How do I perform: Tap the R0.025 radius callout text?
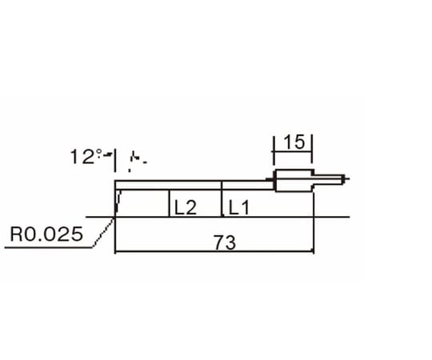pyautogui.click(x=46, y=235)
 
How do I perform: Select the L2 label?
pyautogui.click(x=185, y=208)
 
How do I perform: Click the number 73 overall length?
pyautogui.click(x=226, y=243)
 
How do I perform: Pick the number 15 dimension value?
pyautogui.click(x=294, y=142)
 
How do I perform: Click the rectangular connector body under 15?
pyautogui.click(x=293, y=181)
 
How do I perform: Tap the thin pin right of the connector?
pyautogui.click(x=329, y=181)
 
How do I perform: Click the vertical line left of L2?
pyautogui.click(x=169, y=204)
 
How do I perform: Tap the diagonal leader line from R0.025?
pyautogui.click(x=103, y=233)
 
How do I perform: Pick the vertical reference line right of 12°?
pyautogui.click(x=116, y=161)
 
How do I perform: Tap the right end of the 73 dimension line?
pyautogui.click(x=312, y=254)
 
